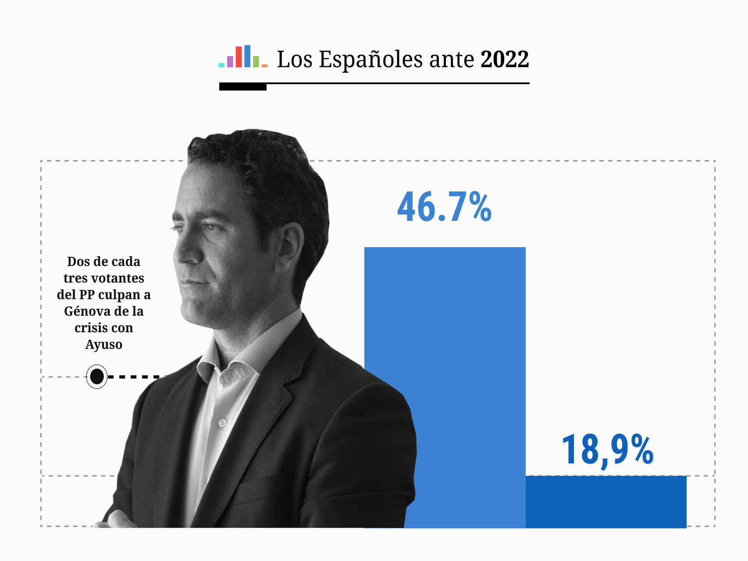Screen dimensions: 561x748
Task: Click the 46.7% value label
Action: click(444, 207)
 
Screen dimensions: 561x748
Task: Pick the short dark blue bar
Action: click(606, 502)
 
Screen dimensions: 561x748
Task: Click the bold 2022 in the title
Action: click(505, 59)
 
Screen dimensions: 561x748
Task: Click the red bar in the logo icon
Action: click(239, 57)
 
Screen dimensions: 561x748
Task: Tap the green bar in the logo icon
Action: click(256, 62)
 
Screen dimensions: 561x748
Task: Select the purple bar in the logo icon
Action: click(230, 62)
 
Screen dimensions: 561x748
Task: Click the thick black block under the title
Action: click(242, 87)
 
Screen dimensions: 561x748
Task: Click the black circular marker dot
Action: click(96, 376)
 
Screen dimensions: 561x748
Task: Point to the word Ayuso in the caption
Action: click(103, 344)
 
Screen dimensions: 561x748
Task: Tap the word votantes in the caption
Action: click(117, 278)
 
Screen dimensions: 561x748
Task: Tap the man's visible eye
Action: click(209, 227)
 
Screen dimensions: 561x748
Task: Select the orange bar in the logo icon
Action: click(264, 65)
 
